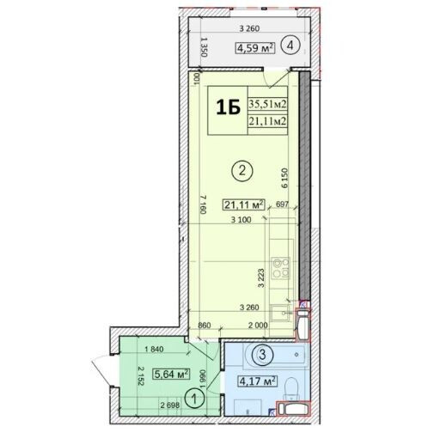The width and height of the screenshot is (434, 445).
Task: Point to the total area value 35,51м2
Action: [267, 104]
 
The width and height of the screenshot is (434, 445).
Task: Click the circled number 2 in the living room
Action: [243, 171]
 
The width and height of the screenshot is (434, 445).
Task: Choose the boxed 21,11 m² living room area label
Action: [243, 204]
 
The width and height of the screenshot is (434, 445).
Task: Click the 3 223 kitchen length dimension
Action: [260, 279]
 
